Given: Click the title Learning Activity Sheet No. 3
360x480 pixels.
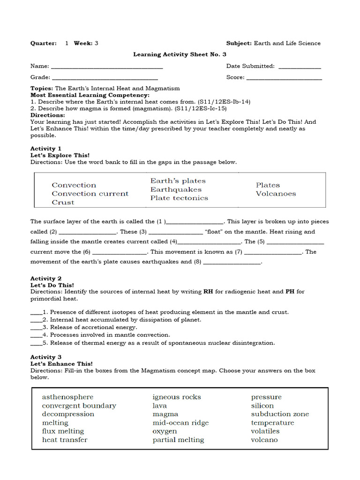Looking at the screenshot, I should pyautogui.click(x=180, y=54).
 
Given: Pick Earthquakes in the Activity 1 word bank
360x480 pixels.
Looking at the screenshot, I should pyautogui.click(x=176, y=189).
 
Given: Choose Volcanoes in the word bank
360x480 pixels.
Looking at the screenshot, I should pyautogui.click(x=276, y=194).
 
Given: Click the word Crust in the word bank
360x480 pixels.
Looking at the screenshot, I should pyautogui.click(x=63, y=202).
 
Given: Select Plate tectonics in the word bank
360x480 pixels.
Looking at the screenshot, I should pyautogui.click(x=179, y=198).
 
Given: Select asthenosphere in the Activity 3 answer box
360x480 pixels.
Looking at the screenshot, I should pyautogui.click(x=67, y=397).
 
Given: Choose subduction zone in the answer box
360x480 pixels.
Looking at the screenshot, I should pyautogui.click(x=280, y=414).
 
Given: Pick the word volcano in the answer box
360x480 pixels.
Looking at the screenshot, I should pyautogui.click(x=264, y=440).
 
